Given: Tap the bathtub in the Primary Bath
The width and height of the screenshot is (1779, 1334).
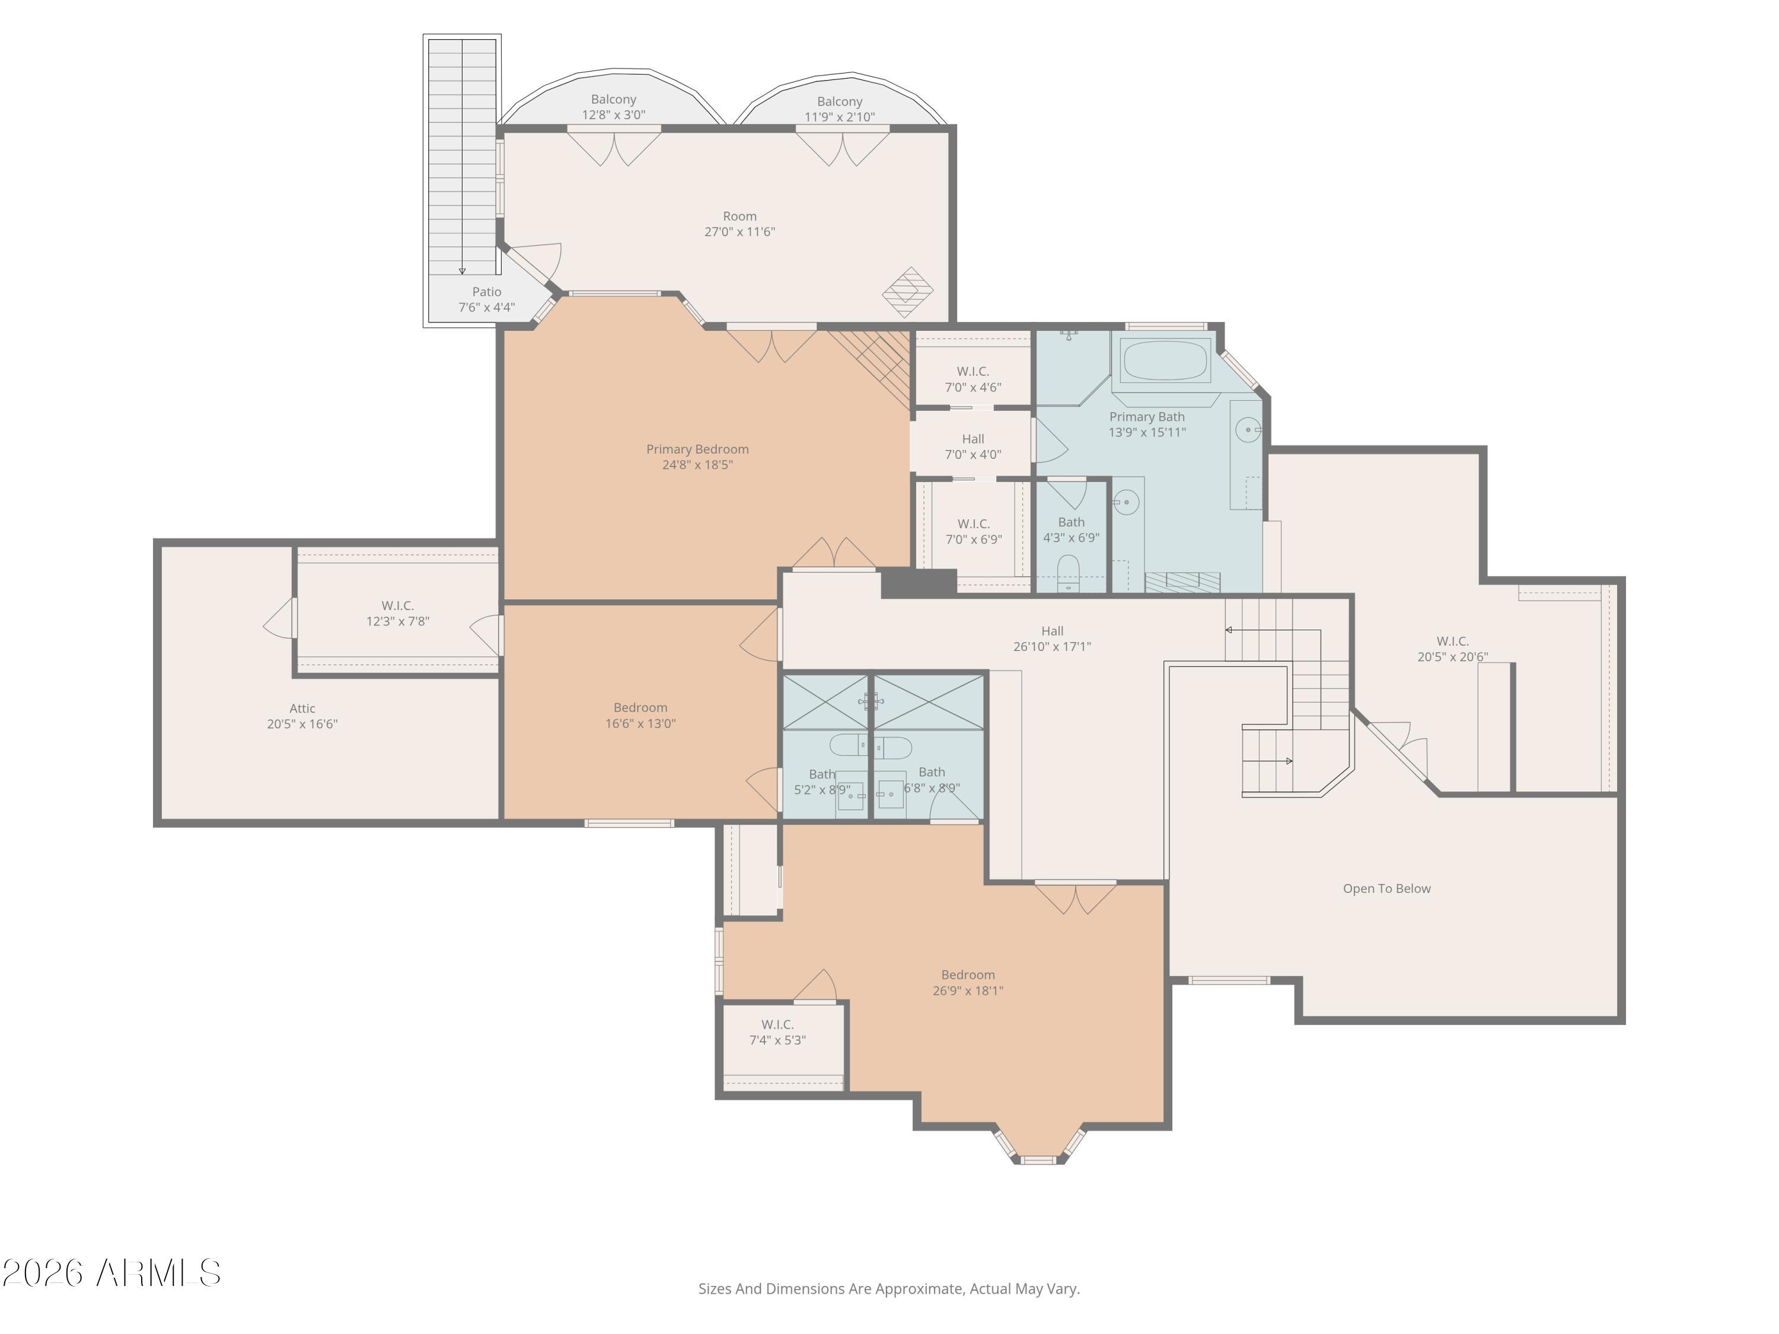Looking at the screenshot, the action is tap(1165, 361).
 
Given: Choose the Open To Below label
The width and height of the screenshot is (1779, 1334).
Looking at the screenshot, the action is tap(1386, 889).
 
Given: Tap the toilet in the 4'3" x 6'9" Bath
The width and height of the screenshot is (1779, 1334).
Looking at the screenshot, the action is tap(1068, 572).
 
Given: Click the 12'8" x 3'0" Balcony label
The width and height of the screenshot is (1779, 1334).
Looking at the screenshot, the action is tap(614, 107).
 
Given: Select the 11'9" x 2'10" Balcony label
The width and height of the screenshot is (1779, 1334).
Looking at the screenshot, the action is tap(840, 109).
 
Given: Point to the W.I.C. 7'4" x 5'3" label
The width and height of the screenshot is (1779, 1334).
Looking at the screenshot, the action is tap(777, 1032).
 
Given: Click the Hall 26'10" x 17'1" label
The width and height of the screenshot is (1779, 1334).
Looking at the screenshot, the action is tap(1052, 639).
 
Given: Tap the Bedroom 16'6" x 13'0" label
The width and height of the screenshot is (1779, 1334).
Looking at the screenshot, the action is tap(640, 716).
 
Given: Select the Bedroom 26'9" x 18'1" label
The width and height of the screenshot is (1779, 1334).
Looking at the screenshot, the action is tap(968, 982).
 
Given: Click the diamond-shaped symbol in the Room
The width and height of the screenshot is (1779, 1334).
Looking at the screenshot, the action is tap(908, 292).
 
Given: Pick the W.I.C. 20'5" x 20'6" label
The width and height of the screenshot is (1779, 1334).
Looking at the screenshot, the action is tap(1452, 649).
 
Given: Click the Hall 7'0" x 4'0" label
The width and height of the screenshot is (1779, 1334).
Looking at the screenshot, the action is tap(973, 446).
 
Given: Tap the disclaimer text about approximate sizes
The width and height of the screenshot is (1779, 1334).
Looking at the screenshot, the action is tap(889, 1289).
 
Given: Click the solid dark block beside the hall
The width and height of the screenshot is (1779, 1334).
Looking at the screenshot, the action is tap(919, 583).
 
